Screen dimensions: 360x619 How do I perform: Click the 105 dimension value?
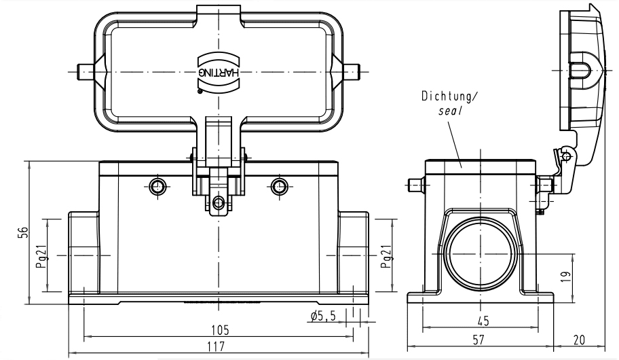(x=219, y=330)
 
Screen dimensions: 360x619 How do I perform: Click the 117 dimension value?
(x=219, y=347)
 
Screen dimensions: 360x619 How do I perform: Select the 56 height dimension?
(x=23, y=232)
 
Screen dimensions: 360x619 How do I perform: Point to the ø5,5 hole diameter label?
(x=323, y=315)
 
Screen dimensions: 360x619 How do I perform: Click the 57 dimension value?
(x=479, y=338)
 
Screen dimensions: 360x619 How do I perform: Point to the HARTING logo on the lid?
(x=219, y=71)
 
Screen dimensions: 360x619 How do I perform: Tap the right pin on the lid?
(x=355, y=70)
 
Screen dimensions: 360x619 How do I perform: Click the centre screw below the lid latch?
(x=218, y=202)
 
